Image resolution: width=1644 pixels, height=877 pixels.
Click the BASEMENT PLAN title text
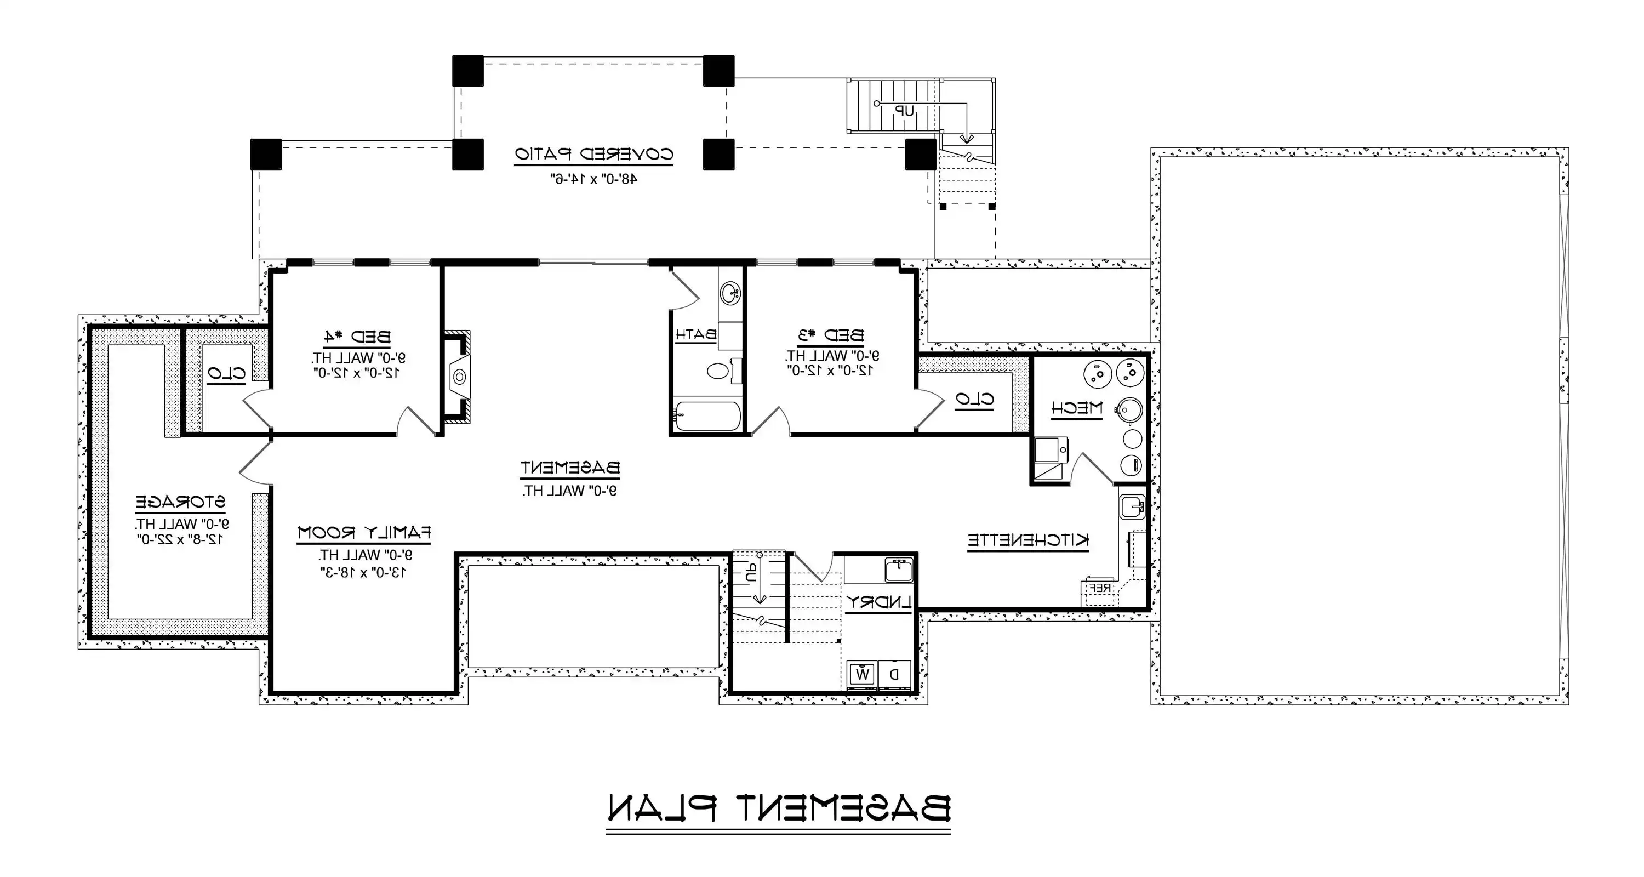[x=778, y=807]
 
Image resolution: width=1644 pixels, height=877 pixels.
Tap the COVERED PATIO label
[x=593, y=155]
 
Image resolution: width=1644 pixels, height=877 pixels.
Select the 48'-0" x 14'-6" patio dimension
[x=593, y=179]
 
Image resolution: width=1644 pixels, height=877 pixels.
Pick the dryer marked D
[x=895, y=674]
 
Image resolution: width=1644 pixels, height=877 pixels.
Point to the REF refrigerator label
[x=1099, y=588]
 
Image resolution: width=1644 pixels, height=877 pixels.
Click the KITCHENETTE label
[x=1027, y=540]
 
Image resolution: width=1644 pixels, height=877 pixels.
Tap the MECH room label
[x=1077, y=408]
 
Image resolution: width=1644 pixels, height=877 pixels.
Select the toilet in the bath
[x=719, y=370]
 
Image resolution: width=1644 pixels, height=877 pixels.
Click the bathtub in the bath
[x=707, y=416]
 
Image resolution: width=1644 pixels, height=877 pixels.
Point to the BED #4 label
[x=356, y=337]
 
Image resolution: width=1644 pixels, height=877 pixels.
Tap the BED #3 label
[x=830, y=335]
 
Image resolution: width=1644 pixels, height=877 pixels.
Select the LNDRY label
[x=878, y=602]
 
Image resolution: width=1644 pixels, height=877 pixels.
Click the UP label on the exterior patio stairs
[x=904, y=111]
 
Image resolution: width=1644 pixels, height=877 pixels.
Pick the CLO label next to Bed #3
[x=974, y=400]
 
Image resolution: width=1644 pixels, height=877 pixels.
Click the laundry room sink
[x=899, y=570]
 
